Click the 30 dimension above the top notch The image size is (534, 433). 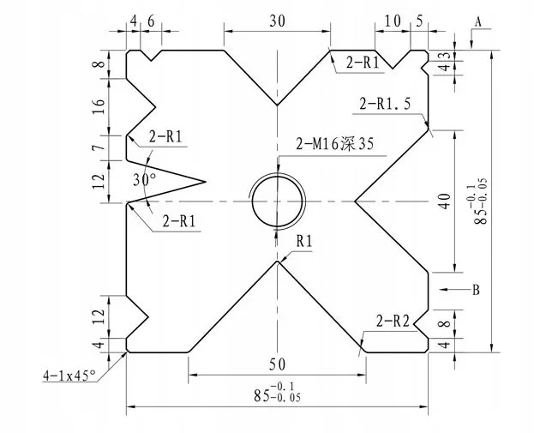point(277,21)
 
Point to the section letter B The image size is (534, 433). point(476,290)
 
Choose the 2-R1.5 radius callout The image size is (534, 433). point(386,104)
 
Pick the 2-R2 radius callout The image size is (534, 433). point(397,322)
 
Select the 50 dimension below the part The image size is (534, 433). point(276,364)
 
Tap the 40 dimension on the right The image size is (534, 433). point(443,201)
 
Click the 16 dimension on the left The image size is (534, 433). point(99,106)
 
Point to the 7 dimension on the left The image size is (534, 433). point(99,148)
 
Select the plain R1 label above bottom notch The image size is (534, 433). point(305,242)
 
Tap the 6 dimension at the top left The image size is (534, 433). point(151,21)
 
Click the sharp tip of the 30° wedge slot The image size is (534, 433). point(207,181)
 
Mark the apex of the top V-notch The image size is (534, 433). point(277,105)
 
